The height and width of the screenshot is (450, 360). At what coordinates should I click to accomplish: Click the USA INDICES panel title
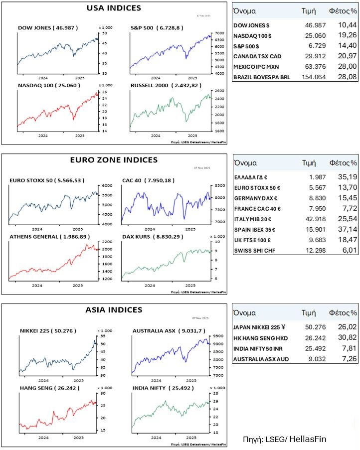click(x=114, y=8)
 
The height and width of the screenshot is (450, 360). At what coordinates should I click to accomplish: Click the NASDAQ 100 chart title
click(x=48, y=86)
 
